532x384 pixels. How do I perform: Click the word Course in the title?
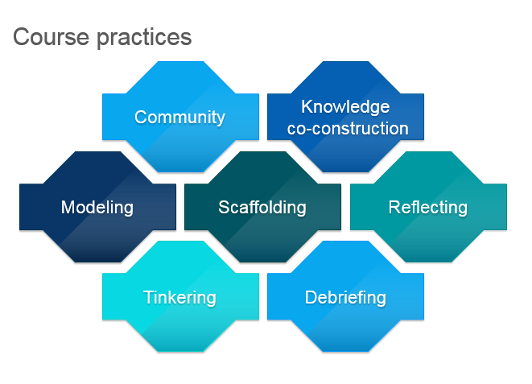pyautogui.click(x=52, y=37)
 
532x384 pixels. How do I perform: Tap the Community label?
pyautogui.click(x=179, y=118)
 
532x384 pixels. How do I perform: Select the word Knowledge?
pyautogui.click(x=345, y=108)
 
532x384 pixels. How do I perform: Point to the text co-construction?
pyautogui.click(x=348, y=129)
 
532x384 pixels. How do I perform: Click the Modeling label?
pyautogui.click(x=97, y=208)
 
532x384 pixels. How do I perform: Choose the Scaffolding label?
pyautogui.click(x=262, y=208)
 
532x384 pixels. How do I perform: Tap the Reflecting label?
pyautogui.click(x=428, y=208)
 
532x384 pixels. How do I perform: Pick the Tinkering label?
pyautogui.click(x=179, y=298)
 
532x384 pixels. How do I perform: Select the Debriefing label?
pyautogui.click(x=345, y=298)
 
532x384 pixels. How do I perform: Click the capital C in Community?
pyautogui.click(x=141, y=117)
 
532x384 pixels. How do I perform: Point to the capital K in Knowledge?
pyautogui.click(x=307, y=106)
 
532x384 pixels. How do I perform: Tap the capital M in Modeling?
pyautogui.click(x=68, y=207)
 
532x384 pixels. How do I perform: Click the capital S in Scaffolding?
pyautogui.click(x=225, y=207)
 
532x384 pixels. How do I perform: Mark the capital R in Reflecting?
pyautogui.click(x=395, y=207)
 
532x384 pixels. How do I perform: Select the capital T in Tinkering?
pyautogui.click(x=150, y=297)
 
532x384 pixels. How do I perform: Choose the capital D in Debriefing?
pyautogui.click(x=311, y=297)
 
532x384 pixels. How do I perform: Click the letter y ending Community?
pyautogui.click(x=221, y=120)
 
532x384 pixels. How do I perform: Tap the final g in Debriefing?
pyautogui.click(x=381, y=300)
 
